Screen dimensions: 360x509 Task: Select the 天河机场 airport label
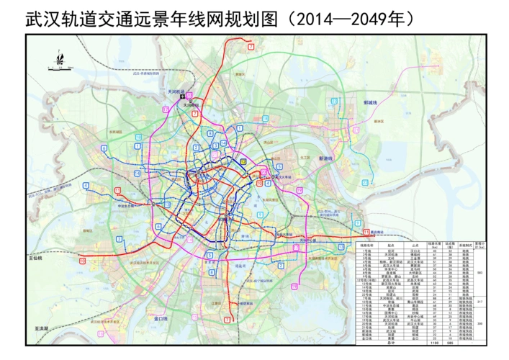click(x=177, y=92)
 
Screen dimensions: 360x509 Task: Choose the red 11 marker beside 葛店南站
click(x=367, y=231)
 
